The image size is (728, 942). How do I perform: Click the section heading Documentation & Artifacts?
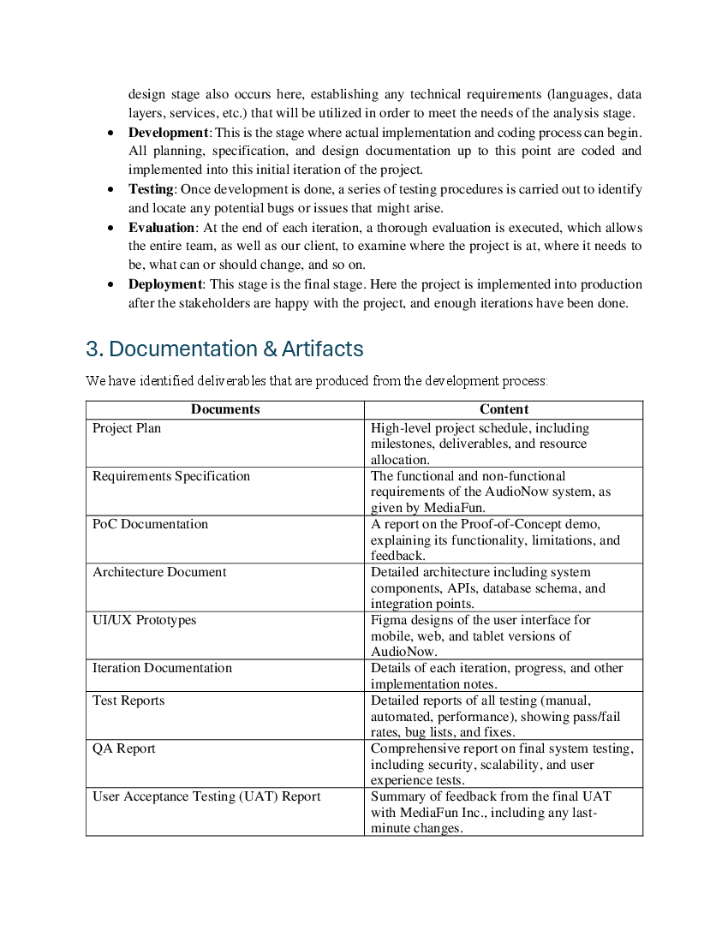pos(224,349)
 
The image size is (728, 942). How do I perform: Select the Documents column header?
pos(225,409)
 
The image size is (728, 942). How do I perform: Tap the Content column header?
pos(504,409)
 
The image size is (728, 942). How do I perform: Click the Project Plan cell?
pos(127,428)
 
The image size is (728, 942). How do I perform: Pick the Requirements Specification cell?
pos(171,476)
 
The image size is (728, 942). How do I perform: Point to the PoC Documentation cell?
pos(150,524)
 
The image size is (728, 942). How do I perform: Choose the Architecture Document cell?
pos(159,572)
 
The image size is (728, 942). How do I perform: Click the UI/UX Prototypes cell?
pos(144,620)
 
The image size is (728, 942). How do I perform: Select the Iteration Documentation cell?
pos(162,668)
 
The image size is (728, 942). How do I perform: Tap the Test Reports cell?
pos(128,701)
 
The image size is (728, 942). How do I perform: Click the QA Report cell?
pos(124,748)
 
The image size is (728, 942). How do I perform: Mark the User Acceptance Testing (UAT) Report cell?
pos(206,796)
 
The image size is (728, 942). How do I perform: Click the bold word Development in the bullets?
pos(168,133)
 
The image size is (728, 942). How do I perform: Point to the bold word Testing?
pos(151,189)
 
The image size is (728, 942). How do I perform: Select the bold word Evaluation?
pos(161,228)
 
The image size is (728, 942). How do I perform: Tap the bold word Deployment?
pos(165,284)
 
